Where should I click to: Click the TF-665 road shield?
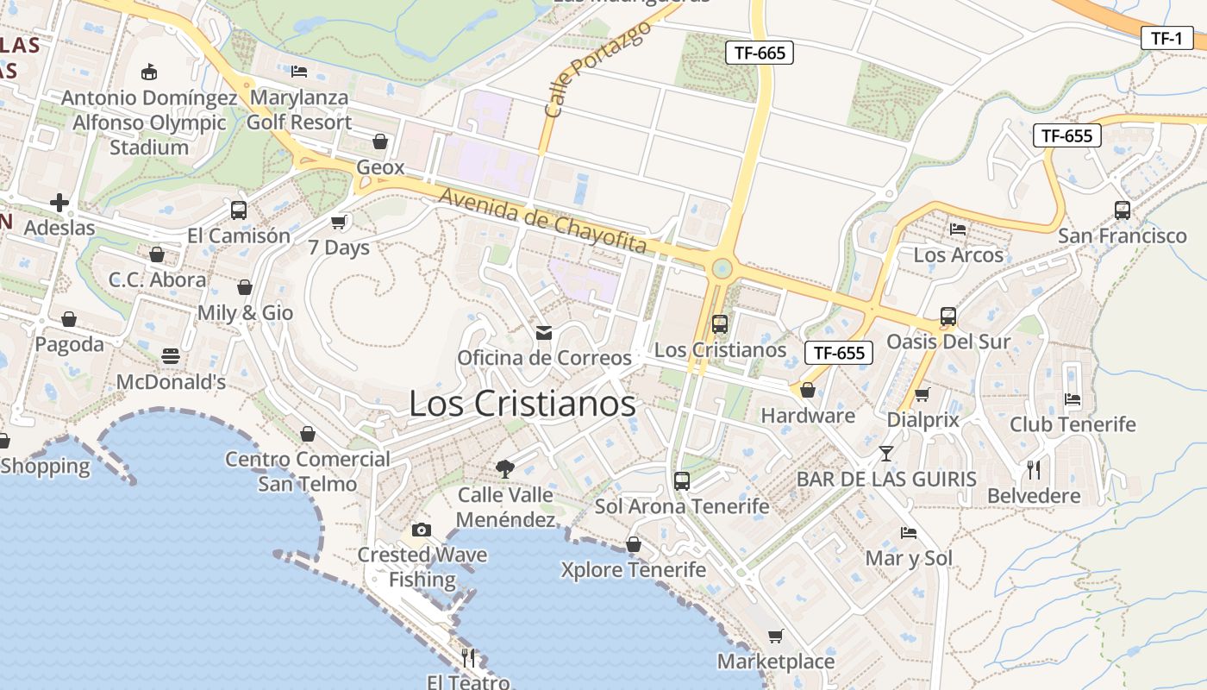click(x=759, y=53)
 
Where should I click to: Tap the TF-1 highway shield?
click(x=1166, y=38)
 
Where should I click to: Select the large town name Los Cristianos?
click(x=522, y=403)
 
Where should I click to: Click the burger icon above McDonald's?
click(x=171, y=356)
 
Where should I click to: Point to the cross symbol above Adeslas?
click(x=59, y=203)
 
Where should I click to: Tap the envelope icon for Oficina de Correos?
click(x=544, y=332)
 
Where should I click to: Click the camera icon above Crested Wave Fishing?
click(x=422, y=529)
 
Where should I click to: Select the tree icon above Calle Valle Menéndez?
click(x=505, y=469)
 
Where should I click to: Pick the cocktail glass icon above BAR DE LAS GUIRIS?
click(x=886, y=453)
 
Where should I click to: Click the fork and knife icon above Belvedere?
click(x=1034, y=470)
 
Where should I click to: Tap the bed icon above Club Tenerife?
click(x=1073, y=398)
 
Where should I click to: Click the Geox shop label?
click(x=380, y=167)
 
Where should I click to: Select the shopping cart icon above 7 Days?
click(x=339, y=222)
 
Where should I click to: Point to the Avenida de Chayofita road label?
click(x=542, y=220)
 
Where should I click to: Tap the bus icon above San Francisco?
click(x=1123, y=210)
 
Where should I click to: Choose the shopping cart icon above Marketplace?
click(x=776, y=637)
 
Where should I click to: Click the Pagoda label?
click(x=69, y=344)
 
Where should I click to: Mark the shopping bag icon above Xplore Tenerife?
click(x=634, y=544)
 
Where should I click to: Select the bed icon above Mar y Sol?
click(x=909, y=532)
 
